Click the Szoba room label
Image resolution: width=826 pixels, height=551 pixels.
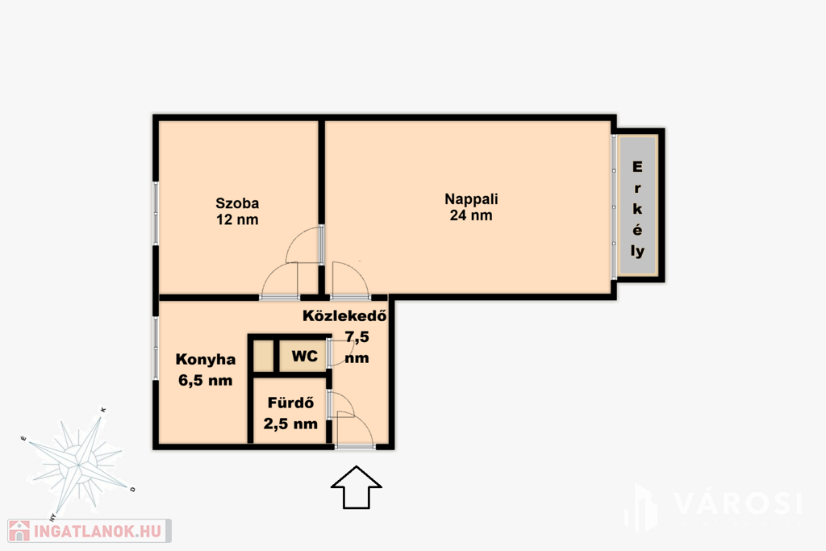pyautogui.click(x=237, y=203)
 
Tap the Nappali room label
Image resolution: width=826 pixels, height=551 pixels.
pyautogui.click(x=471, y=199)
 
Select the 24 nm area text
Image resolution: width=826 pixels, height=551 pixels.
pyautogui.click(x=471, y=215)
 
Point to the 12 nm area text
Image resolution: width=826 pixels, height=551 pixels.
pyautogui.click(x=237, y=219)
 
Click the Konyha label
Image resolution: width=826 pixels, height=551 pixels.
pyautogui.click(x=206, y=360)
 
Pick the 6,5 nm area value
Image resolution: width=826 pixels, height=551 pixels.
pyautogui.click(x=206, y=380)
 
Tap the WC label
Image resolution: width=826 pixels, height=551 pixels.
pyautogui.click(x=304, y=356)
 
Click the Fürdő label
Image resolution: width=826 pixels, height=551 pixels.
pyautogui.click(x=290, y=403)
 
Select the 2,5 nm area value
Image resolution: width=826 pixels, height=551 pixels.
pyautogui.click(x=290, y=424)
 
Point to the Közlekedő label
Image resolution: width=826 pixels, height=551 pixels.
pyautogui.click(x=344, y=315)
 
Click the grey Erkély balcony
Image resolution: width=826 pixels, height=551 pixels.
pyautogui.click(x=637, y=205)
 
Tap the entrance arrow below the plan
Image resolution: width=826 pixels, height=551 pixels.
pyautogui.click(x=356, y=487)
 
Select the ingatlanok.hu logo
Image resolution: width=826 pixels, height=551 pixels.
pyautogui.click(x=89, y=531)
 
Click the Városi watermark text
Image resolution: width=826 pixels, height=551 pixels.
pyautogui.click(x=737, y=503)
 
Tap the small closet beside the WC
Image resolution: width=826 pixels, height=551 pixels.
pyautogui.click(x=264, y=356)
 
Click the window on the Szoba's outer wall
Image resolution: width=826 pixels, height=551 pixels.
pyautogui.click(x=156, y=213)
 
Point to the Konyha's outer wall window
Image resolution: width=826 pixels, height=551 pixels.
pyautogui.click(x=156, y=348)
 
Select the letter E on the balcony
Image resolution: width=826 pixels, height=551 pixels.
pyautogui.click(x=637, y=167)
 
